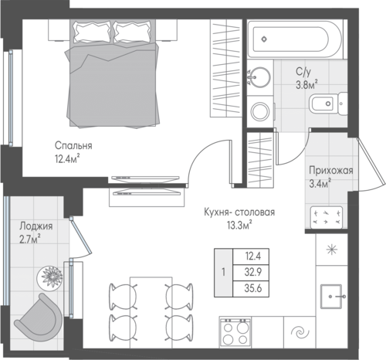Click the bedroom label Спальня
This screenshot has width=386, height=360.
coord(73,146)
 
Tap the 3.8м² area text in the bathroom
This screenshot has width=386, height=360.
coord(306,84)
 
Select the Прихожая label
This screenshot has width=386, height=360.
coord(331,171)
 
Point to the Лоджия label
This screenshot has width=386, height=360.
coord(36,226)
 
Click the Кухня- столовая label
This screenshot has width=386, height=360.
coord(239,212)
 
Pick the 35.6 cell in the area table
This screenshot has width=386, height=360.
coord(253,289)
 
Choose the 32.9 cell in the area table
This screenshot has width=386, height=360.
coord(253,273)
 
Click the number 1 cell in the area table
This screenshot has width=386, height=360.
coord(223,273)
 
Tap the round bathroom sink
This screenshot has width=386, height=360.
coord(260,77)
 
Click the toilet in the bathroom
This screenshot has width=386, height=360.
coord(328,104)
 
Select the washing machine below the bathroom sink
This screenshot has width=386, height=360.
coord(260,111)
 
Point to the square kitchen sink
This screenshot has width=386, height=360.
coord(331,297)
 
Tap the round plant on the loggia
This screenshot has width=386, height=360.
coord(50,277)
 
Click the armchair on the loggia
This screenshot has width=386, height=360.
coord(39,318)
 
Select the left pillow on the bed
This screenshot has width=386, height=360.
coord(92,32)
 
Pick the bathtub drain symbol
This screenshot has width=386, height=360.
coord(264,39)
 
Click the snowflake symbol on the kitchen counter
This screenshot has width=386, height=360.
coord(332,250)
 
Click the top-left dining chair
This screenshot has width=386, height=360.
coord(123,296)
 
